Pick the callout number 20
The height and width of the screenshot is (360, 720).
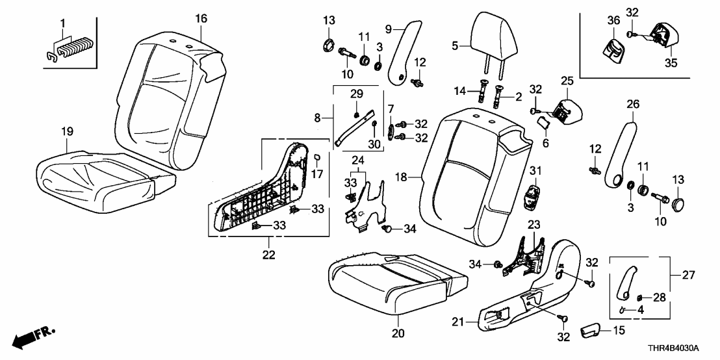[398, 333]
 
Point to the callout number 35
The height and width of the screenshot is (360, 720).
[669, 63]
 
